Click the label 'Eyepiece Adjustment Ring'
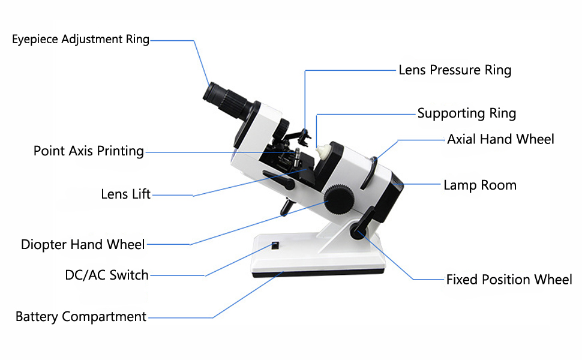(80, 40)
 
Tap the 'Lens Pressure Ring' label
(455, 70)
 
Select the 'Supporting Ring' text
(466, 113)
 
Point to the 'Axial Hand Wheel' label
(500, 139)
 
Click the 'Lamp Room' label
(479, 185)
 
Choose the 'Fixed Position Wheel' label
(509, 280)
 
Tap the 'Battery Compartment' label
(81, 316)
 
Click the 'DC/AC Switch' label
(107, 275)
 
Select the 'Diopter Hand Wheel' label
(83, 244)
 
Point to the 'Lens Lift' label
(126, 194)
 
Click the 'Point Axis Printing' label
(89, 151)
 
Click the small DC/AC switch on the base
(275, 245)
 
